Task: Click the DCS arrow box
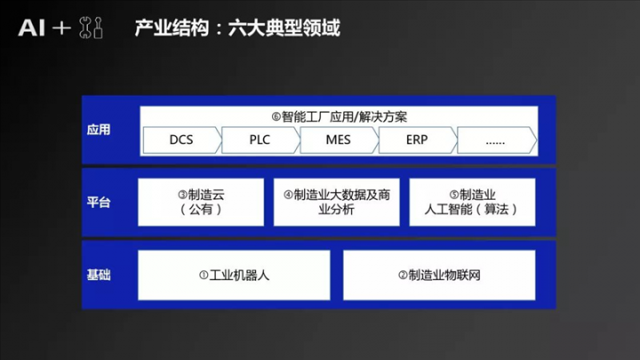pos(182,140)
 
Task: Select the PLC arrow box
pos(260,140)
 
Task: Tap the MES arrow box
pos(339,140)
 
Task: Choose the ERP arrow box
pos(418,140)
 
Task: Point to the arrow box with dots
pos(497,140)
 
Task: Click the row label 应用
pos(99,130)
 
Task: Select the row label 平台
pos(99,202)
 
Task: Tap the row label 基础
pos(99,275)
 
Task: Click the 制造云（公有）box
pos(201,202)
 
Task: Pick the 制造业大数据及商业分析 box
pos(336,202)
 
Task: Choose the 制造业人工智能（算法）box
pos(472,202)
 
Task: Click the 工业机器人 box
pos(234,275)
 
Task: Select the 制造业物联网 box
pos(439,275)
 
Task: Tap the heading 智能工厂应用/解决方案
pos(344,117)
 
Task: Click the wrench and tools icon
pos(91,28)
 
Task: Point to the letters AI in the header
pos(31,28)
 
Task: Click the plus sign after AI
pos(61,28)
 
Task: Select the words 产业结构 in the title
pos(172,28)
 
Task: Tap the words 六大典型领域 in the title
pos(284,28)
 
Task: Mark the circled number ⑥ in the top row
pos(276,117)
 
